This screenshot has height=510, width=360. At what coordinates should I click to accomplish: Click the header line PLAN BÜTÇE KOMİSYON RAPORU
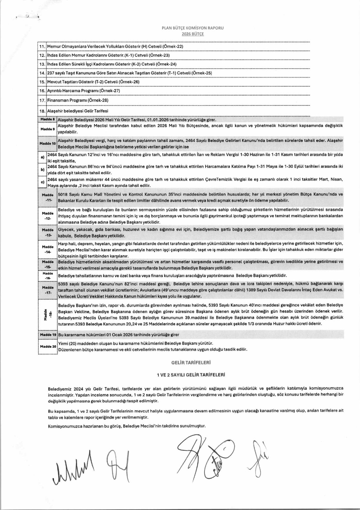pos(193,28)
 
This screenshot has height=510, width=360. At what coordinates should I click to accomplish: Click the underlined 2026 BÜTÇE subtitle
pos(193,34)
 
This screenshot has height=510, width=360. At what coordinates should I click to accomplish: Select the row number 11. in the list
pos(42,46)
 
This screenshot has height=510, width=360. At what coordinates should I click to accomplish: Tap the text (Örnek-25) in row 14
pos(202,73)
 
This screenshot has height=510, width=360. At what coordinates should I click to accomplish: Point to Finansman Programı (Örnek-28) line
pos(78,100)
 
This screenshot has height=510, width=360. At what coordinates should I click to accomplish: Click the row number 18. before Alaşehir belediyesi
pos(42,111)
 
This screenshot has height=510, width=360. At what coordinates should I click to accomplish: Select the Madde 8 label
pos(47,119)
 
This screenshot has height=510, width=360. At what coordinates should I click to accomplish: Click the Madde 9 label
pos(47,129)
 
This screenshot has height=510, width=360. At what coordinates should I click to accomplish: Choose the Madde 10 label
pos(47,143)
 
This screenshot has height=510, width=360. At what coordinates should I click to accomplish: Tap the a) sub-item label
pos(42,157)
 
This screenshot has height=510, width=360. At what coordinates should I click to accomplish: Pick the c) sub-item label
pos(42,182)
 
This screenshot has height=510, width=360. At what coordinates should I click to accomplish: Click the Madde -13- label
pos(48,232)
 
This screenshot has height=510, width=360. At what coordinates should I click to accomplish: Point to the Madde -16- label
pos(48,276)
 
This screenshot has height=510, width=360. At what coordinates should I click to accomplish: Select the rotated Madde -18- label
pos(48,315)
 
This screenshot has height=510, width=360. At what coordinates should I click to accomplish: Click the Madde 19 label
pos(48,335)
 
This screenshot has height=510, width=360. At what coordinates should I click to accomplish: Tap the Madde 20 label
pos(48,346)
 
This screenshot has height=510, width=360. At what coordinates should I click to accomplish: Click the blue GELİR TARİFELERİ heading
pos(191,363)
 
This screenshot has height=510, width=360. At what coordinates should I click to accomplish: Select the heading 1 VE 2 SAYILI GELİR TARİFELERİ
pos(191,375)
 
